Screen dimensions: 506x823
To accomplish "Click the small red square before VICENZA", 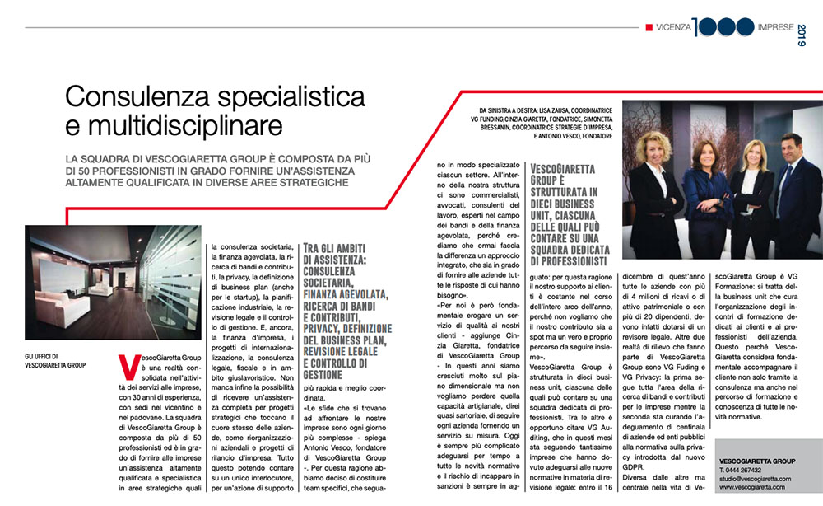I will point(649,27).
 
